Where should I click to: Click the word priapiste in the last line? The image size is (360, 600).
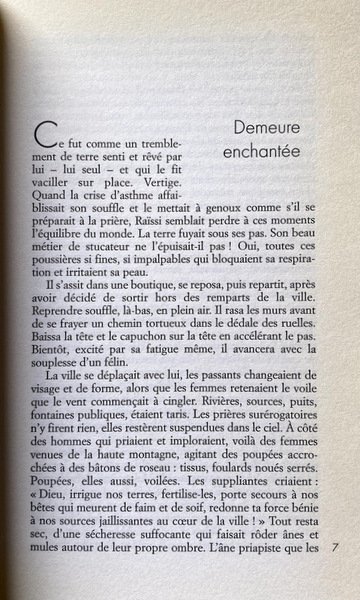246,590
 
